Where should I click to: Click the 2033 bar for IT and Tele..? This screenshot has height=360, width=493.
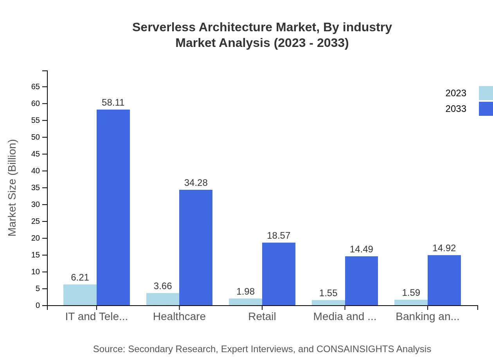(x=113, y=207)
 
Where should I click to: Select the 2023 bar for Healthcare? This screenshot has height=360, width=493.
(x=163, y=299)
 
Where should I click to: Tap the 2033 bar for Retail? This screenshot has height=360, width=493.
(x=279, y=274)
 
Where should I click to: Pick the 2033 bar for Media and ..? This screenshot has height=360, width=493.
(x=362, y=281)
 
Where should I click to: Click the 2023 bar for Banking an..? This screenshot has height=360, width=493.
(x=411, y=302)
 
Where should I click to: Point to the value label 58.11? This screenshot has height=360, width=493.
(x=113, y=103)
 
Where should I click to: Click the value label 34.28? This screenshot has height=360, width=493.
(x=196, y=183)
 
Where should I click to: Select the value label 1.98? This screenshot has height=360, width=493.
(x=245, y=292)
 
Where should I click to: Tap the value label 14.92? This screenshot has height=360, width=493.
(x=444, y=248)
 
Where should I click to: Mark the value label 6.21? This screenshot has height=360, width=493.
(x=80, y=277)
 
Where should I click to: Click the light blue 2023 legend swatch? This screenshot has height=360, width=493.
(x=486, y=93)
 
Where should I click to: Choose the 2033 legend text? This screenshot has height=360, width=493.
(x=456, y=109)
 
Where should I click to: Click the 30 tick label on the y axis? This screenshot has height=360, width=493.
(x=36, y=205)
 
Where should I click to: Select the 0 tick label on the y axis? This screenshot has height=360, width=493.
(x=38, y=306)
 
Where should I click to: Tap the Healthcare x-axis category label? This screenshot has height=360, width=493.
(x=179, y=317)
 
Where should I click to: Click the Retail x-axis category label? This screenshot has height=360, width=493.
(x=262, y=317)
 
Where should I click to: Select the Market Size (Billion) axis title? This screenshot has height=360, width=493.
(x=13, y=188)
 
